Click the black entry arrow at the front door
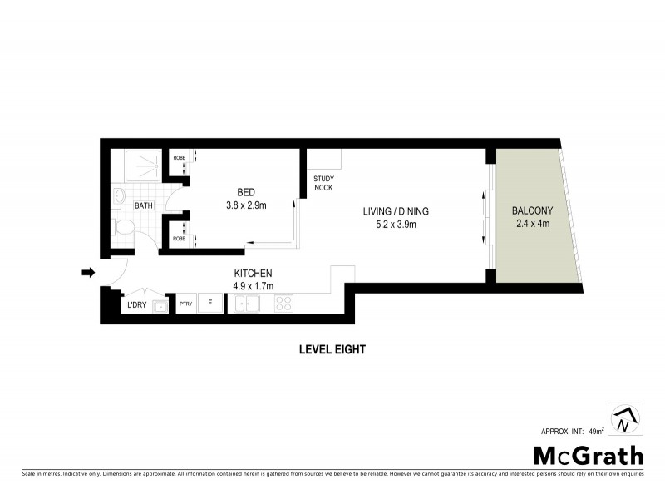click(86, 271)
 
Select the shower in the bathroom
click(140, 166)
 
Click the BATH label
click(144, 205)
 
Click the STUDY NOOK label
click(323, 184)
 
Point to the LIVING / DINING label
click(396, 211)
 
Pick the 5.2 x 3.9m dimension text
click(396, 224)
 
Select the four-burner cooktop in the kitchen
click(283, 304)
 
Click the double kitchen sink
click(247, 304)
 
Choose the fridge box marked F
click(210, 304)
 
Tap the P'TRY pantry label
click(185, 304)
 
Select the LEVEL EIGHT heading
click(332, 350)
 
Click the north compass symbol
click(623, 419)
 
